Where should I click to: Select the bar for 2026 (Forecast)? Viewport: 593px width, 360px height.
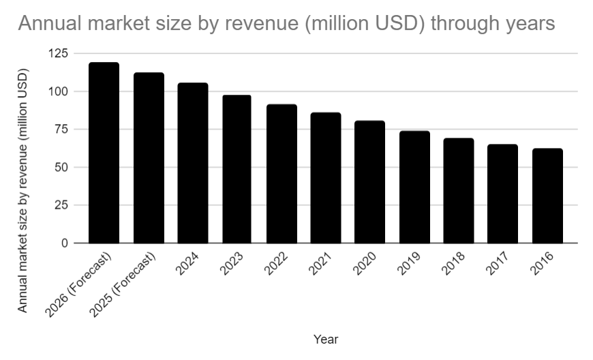point(104,153)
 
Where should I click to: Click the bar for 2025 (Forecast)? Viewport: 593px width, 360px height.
point(149,157)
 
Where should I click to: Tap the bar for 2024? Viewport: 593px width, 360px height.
point(193,163)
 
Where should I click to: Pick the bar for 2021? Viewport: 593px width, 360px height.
point(326,178)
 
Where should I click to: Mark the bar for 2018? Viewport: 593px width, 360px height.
point(459,191)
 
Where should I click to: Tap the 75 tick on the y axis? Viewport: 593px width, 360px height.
point(61,130)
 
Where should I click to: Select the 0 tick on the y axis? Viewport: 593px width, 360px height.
point(64,243)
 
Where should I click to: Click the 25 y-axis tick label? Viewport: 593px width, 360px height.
point(61,205)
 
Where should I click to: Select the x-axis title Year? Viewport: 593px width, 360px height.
point(326,339)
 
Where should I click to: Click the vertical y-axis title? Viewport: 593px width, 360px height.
point(23,190)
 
